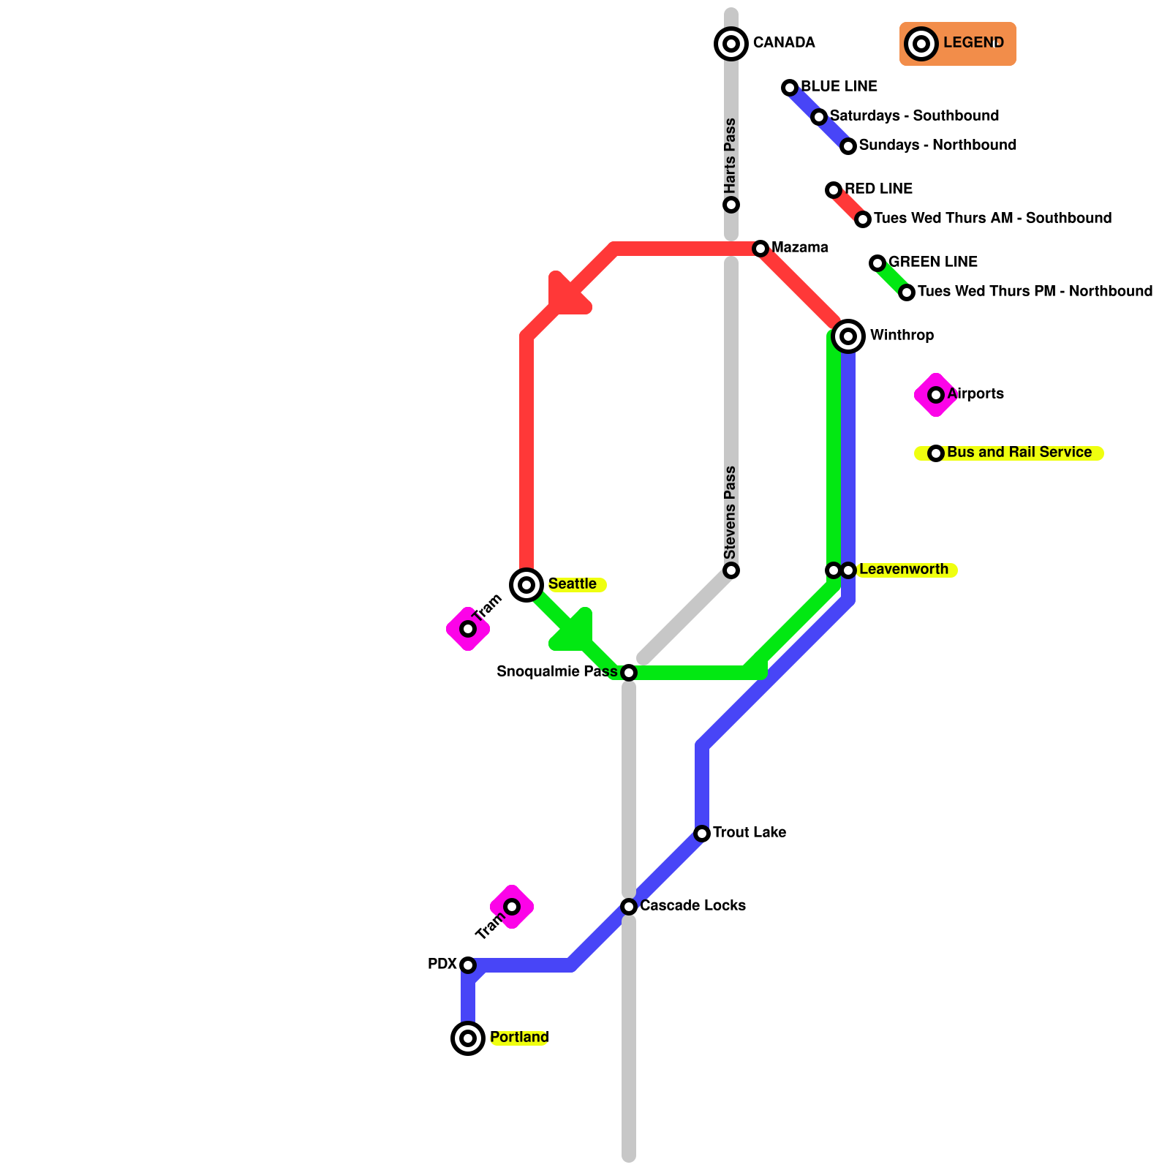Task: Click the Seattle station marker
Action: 526,585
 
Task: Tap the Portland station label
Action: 519,1038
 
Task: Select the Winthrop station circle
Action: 848,336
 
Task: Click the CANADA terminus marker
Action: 731,44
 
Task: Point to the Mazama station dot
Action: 760,249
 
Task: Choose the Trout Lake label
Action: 750,833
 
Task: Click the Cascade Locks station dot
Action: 629,907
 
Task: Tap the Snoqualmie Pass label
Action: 557,672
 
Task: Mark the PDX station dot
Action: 468,965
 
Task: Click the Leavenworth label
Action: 904,570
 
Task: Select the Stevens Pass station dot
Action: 731,570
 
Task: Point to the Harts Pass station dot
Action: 731,205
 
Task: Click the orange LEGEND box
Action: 958,44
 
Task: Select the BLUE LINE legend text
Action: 839,86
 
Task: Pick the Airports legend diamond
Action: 936,395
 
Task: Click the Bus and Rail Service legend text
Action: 1019,453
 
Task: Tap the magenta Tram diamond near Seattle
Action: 468,629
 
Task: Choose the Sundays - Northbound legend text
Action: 937,145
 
